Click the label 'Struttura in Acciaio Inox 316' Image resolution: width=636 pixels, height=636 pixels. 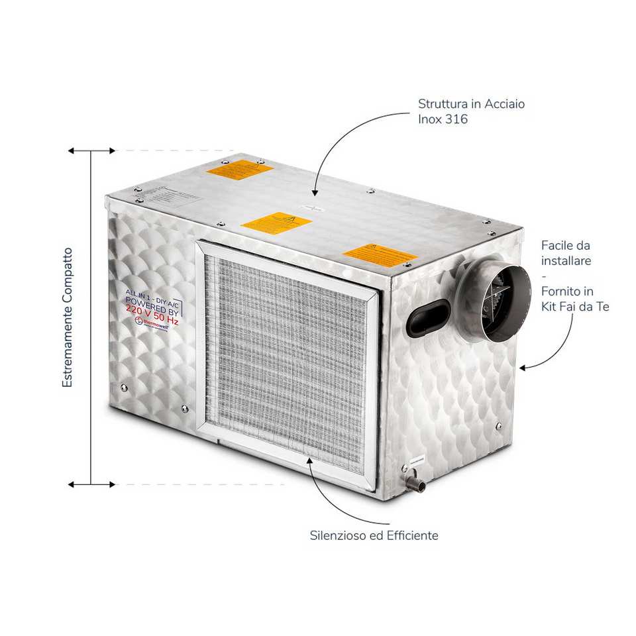point(471,112)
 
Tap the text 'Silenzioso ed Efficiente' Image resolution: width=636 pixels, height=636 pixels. point(374,535)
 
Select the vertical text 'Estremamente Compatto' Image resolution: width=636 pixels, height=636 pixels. point(68,317)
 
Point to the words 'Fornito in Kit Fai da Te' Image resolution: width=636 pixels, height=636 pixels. point(574,299)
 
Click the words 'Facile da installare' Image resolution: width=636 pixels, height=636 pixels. point(565,252)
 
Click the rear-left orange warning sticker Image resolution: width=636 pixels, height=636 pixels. point(239,169)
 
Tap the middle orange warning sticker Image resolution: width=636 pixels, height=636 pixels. point(276,223)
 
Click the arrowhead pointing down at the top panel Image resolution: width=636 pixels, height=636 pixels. point(315,192)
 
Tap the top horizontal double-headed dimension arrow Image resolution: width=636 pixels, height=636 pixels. point(91,151)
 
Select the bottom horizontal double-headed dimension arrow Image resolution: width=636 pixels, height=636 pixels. point(91,484)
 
